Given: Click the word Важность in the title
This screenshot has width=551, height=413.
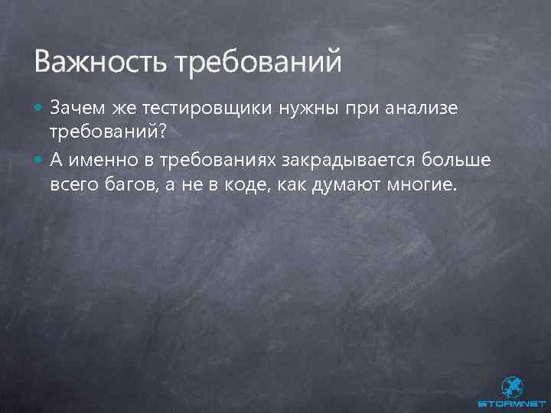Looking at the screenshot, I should click(100, 61).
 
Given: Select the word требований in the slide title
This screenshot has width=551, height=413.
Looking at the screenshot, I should click(259, 61).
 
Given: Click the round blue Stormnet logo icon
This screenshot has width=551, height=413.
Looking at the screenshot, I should click(511, 387).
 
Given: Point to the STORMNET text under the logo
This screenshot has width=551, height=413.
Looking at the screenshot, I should click(511, 404).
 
